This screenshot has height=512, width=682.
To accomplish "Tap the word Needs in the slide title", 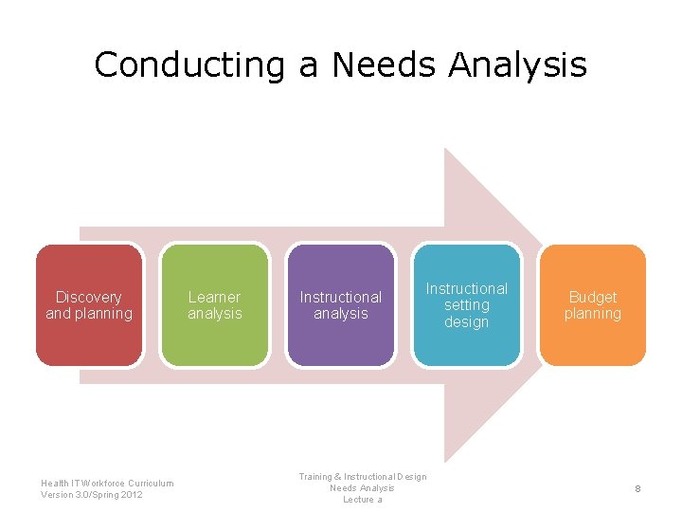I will pyautogui.click(x=383, y=65).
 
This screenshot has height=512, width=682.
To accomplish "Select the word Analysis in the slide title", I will pyautogui.click(x=518, y=65).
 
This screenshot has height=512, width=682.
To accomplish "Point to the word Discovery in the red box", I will pyautogui.click(x=89, y=297).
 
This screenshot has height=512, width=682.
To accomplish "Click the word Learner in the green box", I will pyautogui.click(x=215, y=297).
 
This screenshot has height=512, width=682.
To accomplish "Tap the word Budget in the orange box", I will pyautogui.click(x=593, y=297).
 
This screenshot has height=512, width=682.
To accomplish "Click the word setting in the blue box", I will pyautogui.click(x=467, y=304).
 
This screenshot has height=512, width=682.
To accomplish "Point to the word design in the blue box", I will pyautogui.click(x=467, y=321).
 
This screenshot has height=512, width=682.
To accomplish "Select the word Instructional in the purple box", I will pyautogui.click(x=341, y=297).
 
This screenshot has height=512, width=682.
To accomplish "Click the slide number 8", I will pyautogui.click(x=638, y=488).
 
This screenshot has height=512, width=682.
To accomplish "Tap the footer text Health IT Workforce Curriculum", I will pyautogui.click(x=107, y=483).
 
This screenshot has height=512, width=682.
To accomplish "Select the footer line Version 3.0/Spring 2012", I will pyautogui.click(x=92, y=494).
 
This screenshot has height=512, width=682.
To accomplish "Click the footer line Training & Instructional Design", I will pyautogui.click(x=363, y=477).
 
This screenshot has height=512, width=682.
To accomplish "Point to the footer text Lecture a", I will pyautogui.click(x=363, y=500).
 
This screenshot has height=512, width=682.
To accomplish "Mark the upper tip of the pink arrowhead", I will pyautogui.click(x=446, y=150).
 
